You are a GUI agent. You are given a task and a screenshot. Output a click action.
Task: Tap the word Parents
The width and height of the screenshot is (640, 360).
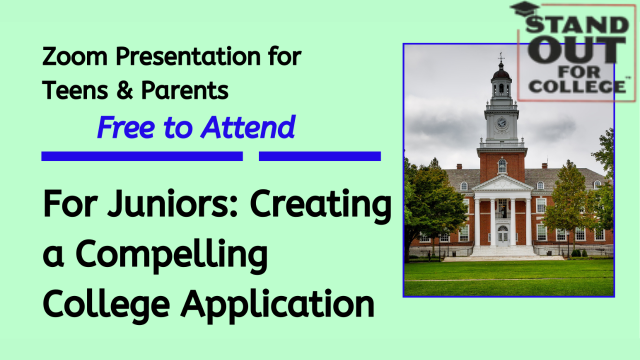[185, 90]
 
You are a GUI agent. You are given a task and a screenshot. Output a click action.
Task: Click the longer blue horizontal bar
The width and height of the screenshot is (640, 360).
[142, 156]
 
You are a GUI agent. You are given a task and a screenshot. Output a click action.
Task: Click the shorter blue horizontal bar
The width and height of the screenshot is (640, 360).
[320, 156]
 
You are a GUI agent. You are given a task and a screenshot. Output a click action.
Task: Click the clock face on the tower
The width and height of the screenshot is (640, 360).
[501, 122]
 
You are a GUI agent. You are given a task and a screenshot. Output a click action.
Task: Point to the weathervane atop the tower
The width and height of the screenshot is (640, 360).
[501, 56]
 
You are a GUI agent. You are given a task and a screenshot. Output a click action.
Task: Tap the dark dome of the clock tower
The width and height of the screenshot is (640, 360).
[501, 74]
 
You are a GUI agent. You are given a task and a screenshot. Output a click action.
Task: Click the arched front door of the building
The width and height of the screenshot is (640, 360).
[502, 235]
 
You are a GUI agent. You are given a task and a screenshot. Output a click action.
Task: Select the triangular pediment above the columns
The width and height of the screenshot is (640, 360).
[502, 184]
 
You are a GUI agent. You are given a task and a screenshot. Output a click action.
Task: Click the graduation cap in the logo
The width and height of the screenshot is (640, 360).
[524, 9]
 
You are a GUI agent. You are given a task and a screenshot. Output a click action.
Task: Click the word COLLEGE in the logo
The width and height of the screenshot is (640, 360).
[577, 86]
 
